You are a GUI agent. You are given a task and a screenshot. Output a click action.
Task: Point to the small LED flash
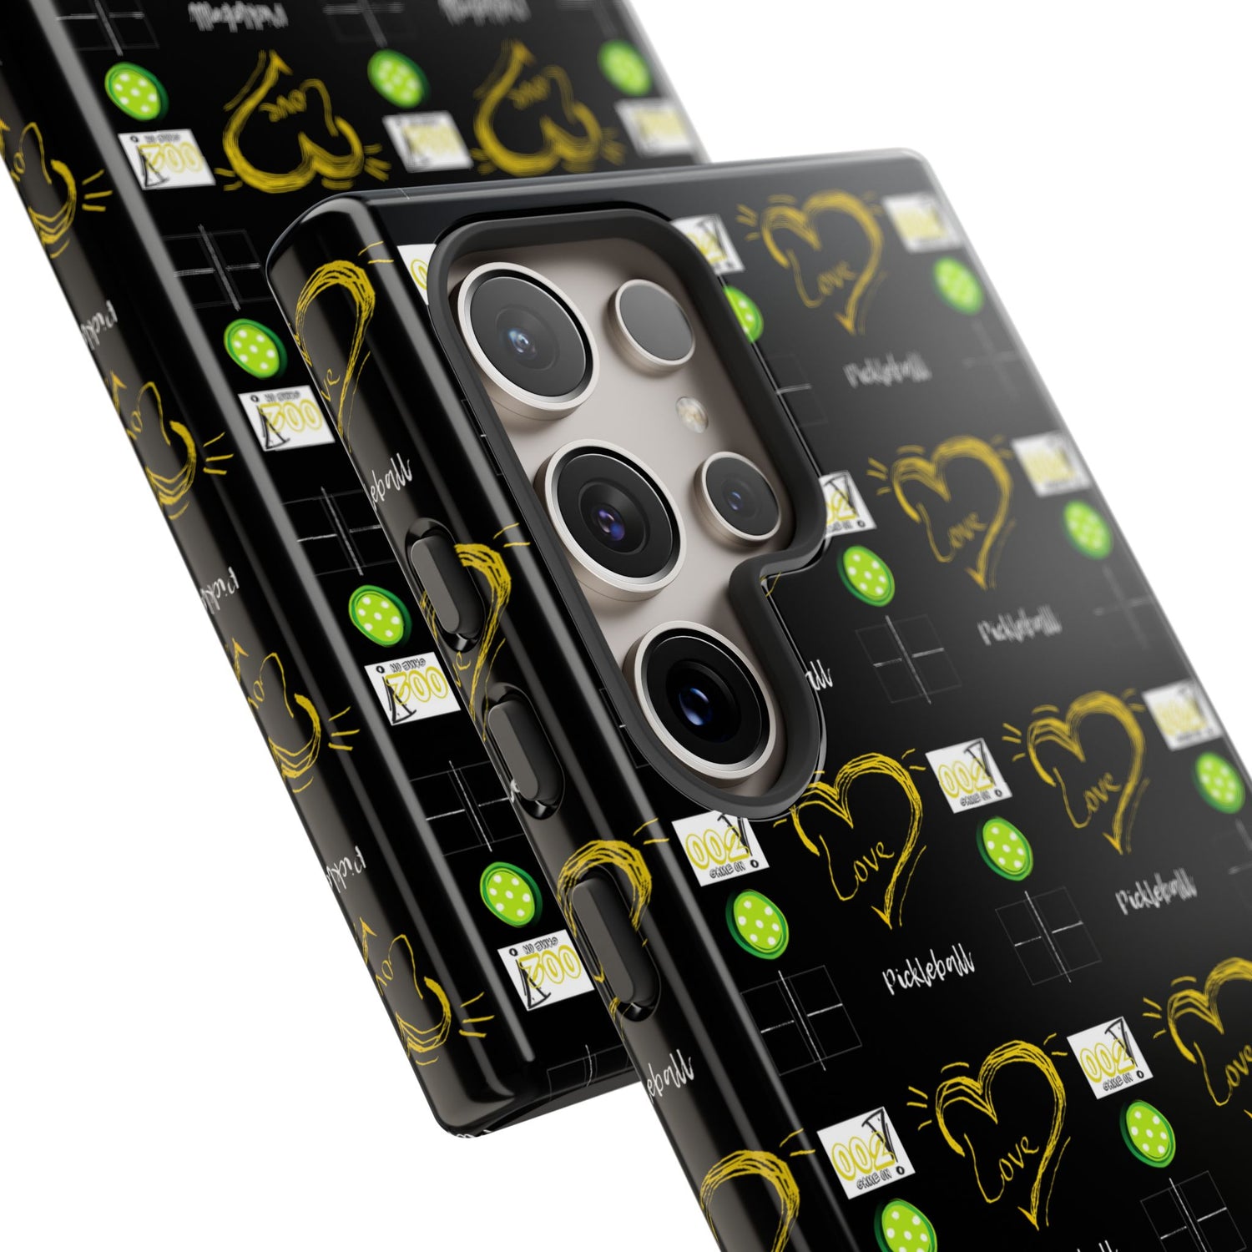tap(689, 411)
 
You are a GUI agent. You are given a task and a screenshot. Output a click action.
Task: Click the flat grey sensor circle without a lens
tap(654, 321)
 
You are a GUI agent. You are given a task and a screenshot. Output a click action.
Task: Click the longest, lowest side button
tap(613, 943)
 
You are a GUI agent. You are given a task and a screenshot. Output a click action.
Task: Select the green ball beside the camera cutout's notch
tap(866, 574)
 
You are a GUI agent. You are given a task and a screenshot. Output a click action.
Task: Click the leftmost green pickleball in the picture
tap(134, 90)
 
